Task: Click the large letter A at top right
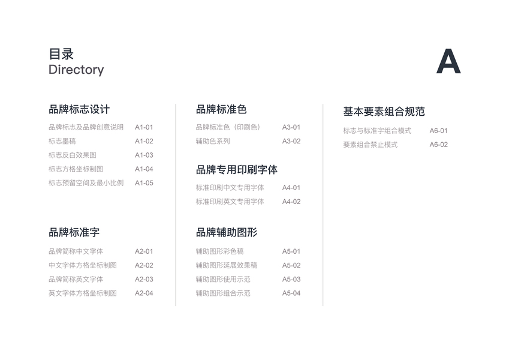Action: pos(448,61)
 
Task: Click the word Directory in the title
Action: pos(76,70)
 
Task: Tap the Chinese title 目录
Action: pos(61,54)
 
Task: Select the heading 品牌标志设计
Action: pos(79,109)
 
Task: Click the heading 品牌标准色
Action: pos(221,109)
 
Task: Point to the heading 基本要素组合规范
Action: pos(384,112)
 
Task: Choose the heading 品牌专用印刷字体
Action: pos(236,170)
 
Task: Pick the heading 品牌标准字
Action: pos(74,232)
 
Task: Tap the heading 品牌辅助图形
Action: pos(226,232)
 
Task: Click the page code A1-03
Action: pos(144,155)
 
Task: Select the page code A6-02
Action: pos(438,145)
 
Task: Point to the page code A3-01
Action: pos(291,127)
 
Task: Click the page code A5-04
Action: pos(291,293)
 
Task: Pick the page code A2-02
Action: pos(144,265)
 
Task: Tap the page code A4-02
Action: pos(291,202)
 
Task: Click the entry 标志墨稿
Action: pos(62,142)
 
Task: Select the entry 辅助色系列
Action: pos(213,142)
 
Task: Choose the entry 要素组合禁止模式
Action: pos(370,145)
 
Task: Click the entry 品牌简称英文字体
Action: pos(76,280)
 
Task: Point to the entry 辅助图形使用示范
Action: pos(223,280)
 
